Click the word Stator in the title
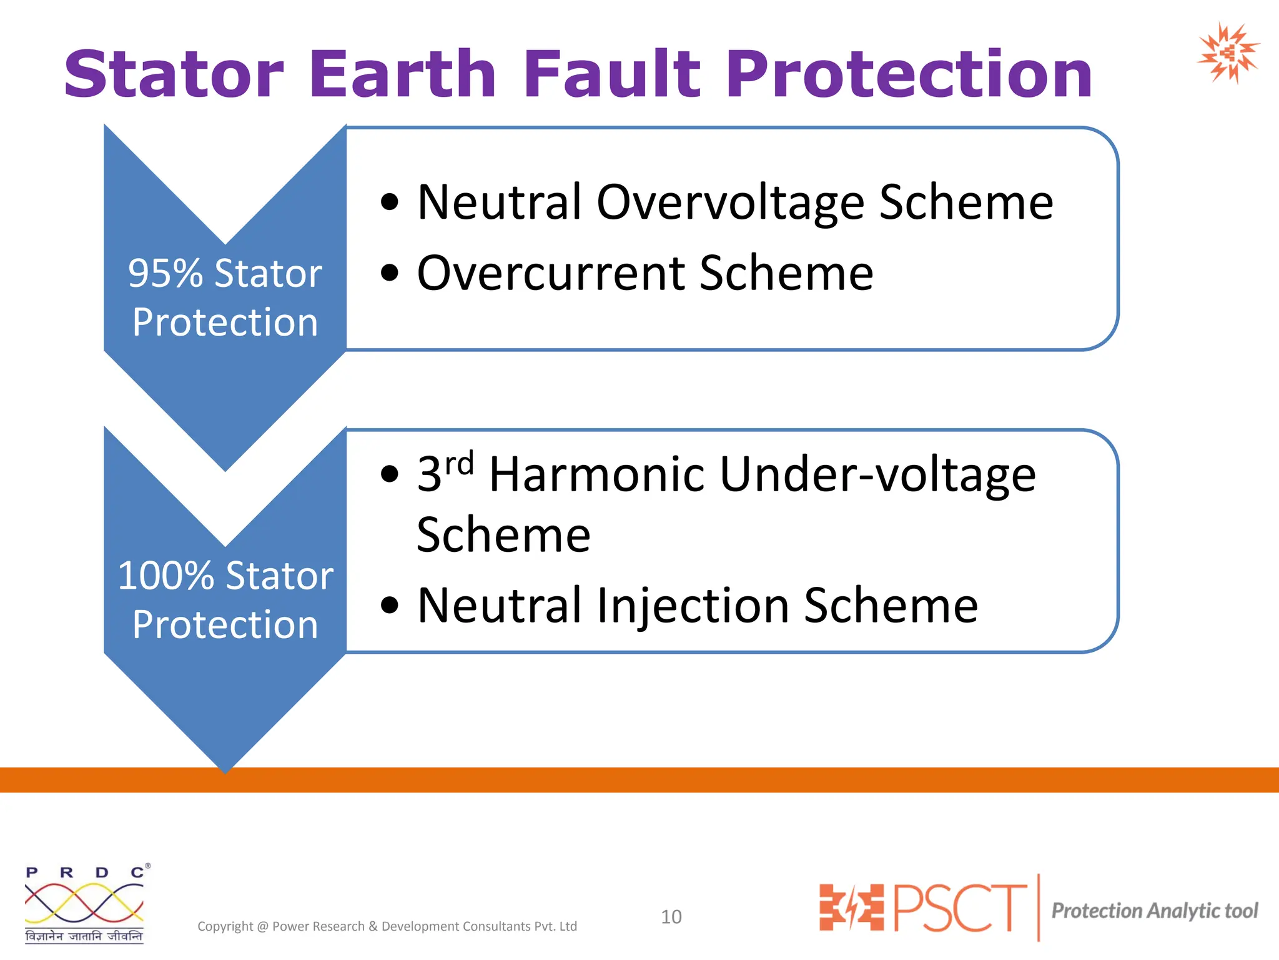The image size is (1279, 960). point(174,75)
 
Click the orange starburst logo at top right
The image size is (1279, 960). point(1228,53)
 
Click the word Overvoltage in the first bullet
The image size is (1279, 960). point(730,202)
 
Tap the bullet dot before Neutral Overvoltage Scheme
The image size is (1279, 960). point(389,202)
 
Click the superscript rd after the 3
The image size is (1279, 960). point(459,464)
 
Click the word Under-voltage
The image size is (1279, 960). point(877,475)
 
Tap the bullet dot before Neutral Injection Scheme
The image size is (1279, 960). point(389,606)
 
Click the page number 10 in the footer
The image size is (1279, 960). point(671,917)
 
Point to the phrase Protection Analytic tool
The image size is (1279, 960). point(1154,911)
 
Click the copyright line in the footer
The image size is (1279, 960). point(387,926)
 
